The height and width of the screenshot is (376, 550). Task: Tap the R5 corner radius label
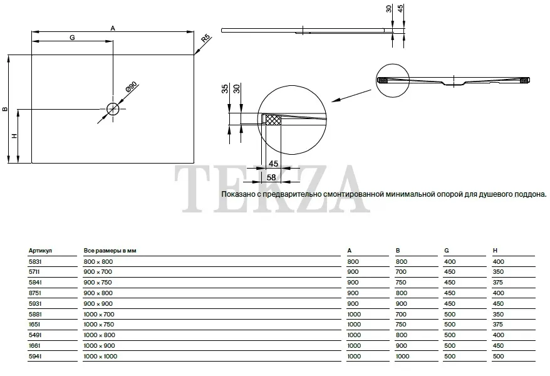click(x=206, y=38)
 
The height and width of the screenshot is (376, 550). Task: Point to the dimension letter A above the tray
click(x=113, y=28)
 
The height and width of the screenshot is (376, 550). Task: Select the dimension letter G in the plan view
click(x=72, y=38)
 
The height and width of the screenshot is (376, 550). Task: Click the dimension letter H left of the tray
click(x=14, y=136)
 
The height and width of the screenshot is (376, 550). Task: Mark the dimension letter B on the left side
click(x=5, y=109)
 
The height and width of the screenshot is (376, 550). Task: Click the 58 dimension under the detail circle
click(x=271, y=177)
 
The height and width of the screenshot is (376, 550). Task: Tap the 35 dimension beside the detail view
click(x=225, y=89)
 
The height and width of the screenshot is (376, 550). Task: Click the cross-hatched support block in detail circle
click(x=273, y=120)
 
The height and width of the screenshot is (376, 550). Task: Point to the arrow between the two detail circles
click(x=351, y=96)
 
